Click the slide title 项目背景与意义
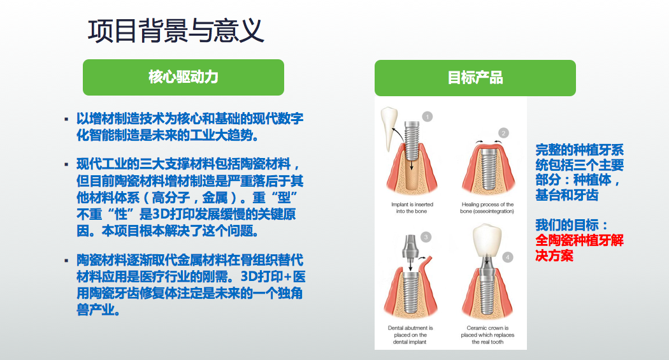pos(176,31)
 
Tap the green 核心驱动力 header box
pos(183,77)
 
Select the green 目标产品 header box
pos(475,78)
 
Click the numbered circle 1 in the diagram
pos(427,117)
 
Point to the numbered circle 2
pos(503,133)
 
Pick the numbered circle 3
pos(426,237)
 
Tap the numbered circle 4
pos(507,257)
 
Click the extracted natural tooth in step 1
pos(388,129)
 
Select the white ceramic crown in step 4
pos(487,240)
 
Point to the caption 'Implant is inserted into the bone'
pos(412,208)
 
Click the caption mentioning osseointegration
pos(487,208)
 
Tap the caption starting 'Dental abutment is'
pos(410,335)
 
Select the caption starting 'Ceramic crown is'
pos(487,335)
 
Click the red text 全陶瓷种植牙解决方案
pos(579,248)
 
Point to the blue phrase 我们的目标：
pos(572,225)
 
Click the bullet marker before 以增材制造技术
pos(66,119)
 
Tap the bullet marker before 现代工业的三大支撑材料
pos(66,164)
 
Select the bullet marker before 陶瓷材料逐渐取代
pos(66,260)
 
